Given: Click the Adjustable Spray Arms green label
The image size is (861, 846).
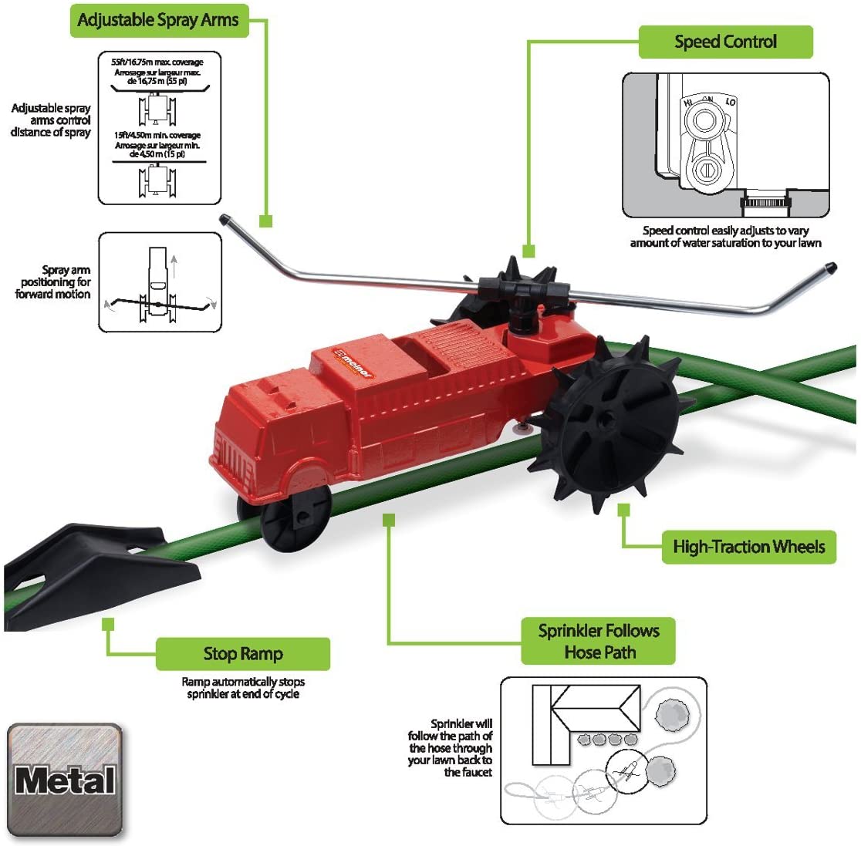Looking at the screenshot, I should pyautogui.click(x=159, y=21).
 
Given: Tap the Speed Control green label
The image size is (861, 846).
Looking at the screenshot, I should pyautogui.click(x=725, y=42).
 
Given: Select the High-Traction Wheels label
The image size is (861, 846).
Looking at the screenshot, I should pyautogui.click(x=748, y=547).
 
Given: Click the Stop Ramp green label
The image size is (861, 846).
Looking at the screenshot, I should pyautogui.click(x=242, y=654).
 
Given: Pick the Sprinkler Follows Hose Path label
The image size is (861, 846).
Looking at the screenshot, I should pyautogui.click(x=598, y=641).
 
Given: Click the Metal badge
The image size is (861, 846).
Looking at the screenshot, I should pyautogui.click(x=65, y=780).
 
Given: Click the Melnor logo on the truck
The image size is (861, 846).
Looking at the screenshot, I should pyautogui.click(x=353, y=364).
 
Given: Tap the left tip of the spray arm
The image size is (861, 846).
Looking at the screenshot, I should pyautogui.click(x=225, y=220).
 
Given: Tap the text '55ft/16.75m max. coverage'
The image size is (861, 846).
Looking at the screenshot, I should pyautogui.click(x=157, y=62).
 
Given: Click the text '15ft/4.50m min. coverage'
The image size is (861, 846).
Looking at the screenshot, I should pyautogui.click(x=157, y=135).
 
